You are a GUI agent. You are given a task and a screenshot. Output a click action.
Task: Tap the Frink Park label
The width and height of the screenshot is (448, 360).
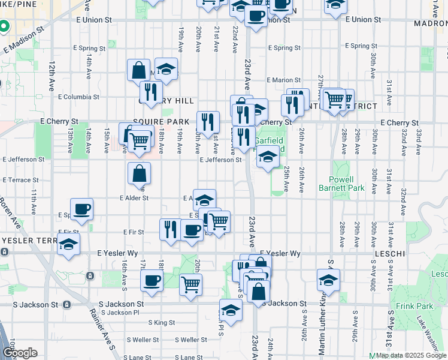pos(410,306)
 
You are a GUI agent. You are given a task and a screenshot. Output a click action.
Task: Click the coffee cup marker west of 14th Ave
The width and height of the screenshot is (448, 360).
pos(82,209)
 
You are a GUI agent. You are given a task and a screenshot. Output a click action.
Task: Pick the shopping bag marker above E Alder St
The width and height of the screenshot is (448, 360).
pos(139,174)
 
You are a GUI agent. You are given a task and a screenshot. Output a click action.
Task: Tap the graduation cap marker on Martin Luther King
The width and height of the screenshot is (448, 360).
pos(328,280)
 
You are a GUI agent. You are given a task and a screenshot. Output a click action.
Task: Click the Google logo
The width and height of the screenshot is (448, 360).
pos(20,353)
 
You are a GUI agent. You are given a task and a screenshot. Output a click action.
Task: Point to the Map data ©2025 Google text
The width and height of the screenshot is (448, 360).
pos(411,355)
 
